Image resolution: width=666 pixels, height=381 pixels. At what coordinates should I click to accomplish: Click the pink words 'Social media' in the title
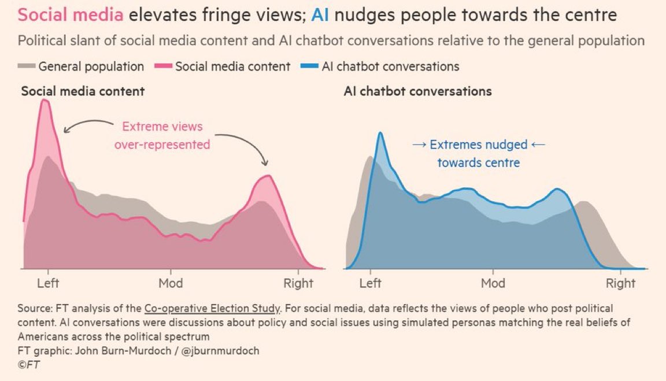71,15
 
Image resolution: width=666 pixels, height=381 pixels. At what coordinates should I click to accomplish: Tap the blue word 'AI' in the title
320,15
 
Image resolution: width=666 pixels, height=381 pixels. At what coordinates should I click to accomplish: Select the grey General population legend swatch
27,66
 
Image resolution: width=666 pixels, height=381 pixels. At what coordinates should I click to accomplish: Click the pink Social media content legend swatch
164,66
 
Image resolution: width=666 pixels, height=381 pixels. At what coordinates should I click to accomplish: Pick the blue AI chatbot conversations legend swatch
310,66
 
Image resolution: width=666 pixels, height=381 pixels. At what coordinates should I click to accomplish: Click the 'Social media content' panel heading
83,91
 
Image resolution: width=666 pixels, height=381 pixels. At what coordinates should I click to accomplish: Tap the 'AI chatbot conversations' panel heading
417,91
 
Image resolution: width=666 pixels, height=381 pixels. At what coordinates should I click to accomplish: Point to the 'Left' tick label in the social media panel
48,283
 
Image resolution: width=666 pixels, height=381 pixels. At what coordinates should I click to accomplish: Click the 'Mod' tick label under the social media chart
171,283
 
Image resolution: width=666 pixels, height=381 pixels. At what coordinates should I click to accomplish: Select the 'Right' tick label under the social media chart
298,283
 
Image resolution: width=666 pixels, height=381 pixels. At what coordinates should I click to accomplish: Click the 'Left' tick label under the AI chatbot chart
371,283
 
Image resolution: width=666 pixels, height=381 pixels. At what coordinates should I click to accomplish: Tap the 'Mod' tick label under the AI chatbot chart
493,283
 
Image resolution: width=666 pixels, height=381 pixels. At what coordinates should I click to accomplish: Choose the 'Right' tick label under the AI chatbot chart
620,283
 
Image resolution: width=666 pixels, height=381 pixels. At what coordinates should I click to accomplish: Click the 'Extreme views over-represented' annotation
162,135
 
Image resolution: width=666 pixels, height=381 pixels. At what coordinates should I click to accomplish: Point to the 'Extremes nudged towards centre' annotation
478,153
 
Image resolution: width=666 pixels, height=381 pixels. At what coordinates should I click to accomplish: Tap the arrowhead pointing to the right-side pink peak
265,164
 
